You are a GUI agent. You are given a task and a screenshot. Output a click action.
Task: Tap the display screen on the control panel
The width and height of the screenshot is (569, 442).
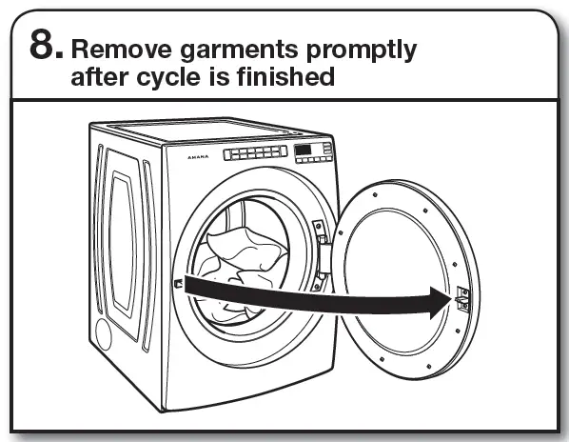pos(304,150)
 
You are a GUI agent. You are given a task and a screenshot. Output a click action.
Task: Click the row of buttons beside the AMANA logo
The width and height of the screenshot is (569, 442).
pos(255,152)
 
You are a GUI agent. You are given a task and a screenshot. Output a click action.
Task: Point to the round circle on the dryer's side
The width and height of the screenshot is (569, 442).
pos(104,334)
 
